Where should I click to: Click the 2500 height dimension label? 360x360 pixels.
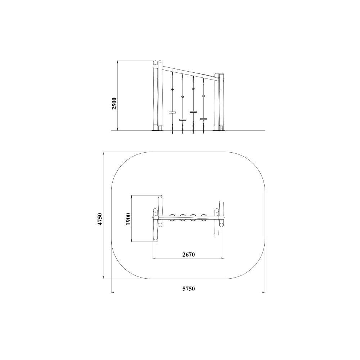pyautogui.click(x=114, y=104)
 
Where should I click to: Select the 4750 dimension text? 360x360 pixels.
pyautogui.click(x=100, y=219)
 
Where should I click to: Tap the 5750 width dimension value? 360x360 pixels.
pyautogui.click(x=189, y=289)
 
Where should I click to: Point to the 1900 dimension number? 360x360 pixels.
pyautogui.click(x=128, y=219)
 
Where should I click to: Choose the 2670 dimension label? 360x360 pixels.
pyautogui.click(x=189, y=255)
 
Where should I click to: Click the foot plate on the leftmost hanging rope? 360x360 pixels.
pyautogui.click(x=172, y=112)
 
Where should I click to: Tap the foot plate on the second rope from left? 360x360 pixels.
pyautogui.click(x=183, y=120)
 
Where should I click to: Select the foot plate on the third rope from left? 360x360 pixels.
pyautogui.click(x=193, y=112)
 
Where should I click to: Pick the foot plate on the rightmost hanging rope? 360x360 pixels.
pyautogui.click(x=204, y=119)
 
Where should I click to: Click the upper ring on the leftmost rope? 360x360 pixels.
pyautogui.click(x=172, y=90)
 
